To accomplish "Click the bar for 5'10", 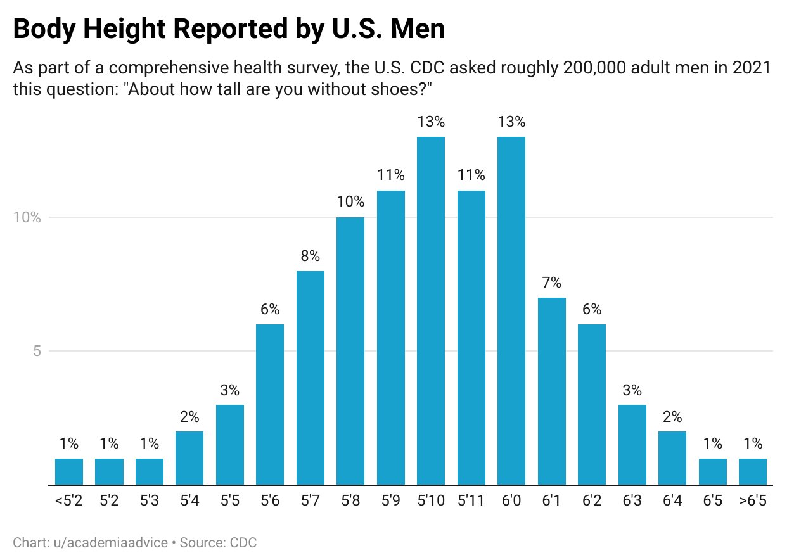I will (431, 310).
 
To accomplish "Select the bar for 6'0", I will (511, 310).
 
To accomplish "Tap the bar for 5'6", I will (270, 404).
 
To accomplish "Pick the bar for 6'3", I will (632, 445).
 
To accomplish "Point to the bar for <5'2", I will (69, 471).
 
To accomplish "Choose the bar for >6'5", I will (753, 471).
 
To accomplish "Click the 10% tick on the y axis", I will (27, 217).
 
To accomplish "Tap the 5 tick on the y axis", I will (37, 351).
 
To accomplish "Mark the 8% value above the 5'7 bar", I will (311, 257).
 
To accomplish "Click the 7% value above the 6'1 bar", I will (552, 283).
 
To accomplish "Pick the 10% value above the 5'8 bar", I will (350, 203).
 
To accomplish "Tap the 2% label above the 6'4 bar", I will (672, 417).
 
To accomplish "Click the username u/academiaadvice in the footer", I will (118, 543).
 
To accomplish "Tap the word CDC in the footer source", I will (243, 543).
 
